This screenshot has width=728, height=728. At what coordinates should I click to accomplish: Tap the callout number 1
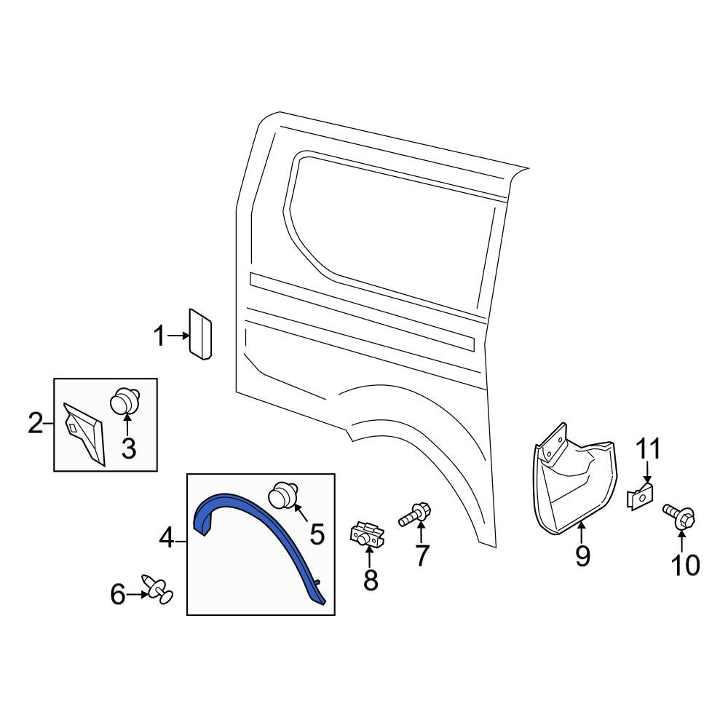point(159,336)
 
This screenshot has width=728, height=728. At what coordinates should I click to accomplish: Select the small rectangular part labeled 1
point(201,334)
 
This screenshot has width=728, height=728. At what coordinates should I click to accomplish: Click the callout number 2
point(36,424)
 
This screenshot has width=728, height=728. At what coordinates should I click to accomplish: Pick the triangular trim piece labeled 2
point(84,433)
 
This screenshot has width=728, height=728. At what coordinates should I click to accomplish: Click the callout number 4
point(167,539)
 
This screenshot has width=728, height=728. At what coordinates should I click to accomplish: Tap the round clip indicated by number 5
point(284,495)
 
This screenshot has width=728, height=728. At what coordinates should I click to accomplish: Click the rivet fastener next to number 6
point(157,589)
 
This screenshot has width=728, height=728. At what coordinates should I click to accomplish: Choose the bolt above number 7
point(415,515)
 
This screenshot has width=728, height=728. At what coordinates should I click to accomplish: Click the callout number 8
point(371,579)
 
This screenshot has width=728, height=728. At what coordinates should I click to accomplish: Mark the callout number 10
point(685,565)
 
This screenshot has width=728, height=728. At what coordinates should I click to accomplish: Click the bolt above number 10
point(679,516)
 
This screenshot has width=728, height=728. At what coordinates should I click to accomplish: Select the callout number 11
point(648,448)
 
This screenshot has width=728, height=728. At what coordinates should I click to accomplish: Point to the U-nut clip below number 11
point(641,496)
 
